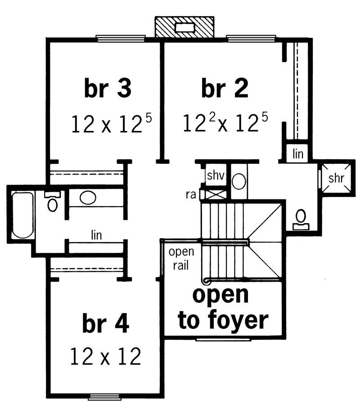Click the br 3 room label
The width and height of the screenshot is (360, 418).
(108, 89)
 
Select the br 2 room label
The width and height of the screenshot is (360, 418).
(225, 89)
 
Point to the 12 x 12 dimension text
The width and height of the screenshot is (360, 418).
(106, 357)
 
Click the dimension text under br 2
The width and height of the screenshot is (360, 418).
(225, 123)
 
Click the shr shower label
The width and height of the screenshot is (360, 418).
(336, 178)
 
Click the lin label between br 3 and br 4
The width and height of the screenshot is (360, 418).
(95, 234)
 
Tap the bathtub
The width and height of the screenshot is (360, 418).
(22, 215)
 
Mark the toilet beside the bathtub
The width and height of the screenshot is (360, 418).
(53, 202)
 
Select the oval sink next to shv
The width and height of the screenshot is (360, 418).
(238, 182)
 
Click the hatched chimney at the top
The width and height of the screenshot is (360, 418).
(184, 27)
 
